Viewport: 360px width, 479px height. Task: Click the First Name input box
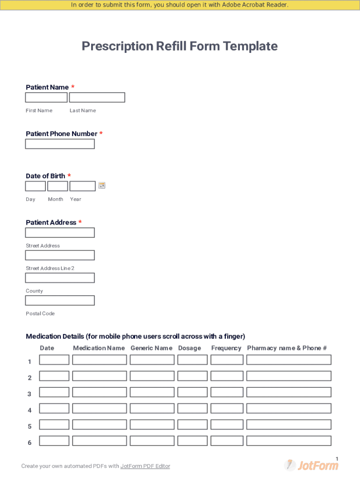coord(46,97)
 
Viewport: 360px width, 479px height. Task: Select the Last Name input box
coord(97,97)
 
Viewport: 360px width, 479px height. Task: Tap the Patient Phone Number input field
coord(60,144)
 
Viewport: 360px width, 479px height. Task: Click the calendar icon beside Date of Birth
coord(102,186)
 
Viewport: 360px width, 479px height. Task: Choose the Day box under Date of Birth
coord(36,186)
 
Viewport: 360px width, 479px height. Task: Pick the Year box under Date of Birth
coord(83,186)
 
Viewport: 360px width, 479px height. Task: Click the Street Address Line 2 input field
coord(60,255)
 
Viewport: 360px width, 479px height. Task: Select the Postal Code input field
coord(60,300)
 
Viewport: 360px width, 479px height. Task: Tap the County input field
coord(60,278)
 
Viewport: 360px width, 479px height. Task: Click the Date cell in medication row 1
coord(54,360)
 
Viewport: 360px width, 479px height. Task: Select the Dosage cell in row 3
coord(193,392)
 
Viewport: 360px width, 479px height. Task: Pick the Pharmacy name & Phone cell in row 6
coord(289,441)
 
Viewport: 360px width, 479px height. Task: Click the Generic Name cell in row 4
coord(152,408)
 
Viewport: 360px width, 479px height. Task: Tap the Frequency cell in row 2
coord(227,376)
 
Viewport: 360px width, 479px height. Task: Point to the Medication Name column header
coord(99,348)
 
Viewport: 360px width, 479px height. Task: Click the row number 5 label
coord(30,427)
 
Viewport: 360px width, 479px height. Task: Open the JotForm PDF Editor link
coord(145,466)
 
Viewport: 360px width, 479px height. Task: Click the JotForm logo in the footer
coord(311,465)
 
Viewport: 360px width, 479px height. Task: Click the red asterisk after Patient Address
coord(80,223)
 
